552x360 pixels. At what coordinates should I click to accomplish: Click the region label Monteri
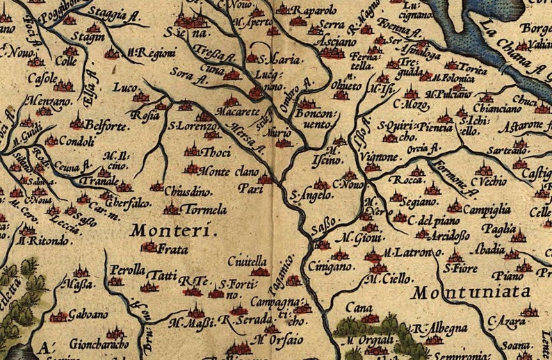coord(174,231)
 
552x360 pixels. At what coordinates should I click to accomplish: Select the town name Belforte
coord(106,125)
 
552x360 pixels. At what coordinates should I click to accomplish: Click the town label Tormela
coord(203,209)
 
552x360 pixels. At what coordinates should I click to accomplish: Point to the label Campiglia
coord(488,208)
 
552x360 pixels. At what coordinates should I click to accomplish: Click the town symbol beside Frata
coord(149,245)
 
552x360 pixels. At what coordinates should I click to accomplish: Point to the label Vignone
coord(379,157)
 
